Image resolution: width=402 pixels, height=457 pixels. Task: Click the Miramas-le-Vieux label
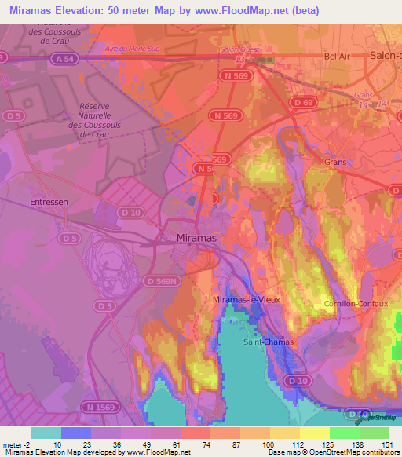pos(247,300)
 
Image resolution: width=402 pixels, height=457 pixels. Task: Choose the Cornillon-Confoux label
pos(353,303)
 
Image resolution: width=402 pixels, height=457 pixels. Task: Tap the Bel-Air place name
pos(337,57)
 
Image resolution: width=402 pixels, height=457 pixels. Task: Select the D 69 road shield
pos(302,103)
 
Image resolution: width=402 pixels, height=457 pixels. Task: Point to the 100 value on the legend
pos(270,445)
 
